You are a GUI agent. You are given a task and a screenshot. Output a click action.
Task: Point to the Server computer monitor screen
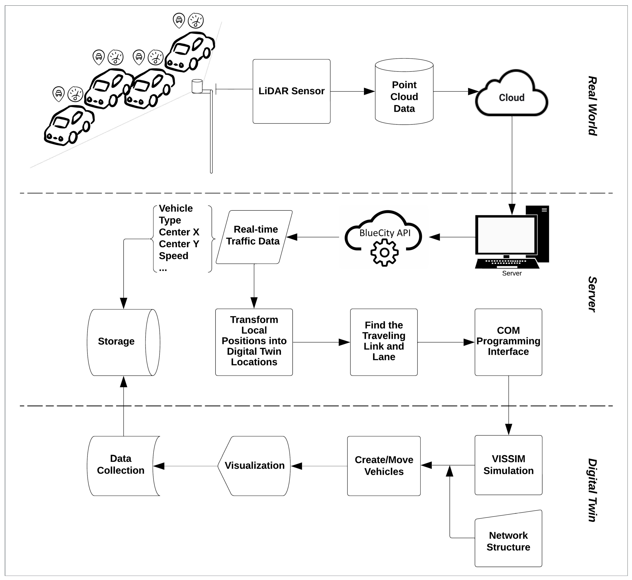(x=506, y=235)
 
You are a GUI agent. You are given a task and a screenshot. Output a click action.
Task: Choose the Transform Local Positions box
(x=254, y=342)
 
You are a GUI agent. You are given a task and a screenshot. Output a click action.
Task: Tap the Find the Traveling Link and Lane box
(x=384, y=342)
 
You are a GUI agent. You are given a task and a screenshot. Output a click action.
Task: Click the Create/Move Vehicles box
(x=384, y=466)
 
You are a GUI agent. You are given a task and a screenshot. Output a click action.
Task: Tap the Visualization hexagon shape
(x=254, y=466)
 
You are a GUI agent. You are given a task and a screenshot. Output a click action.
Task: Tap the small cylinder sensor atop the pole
(x=197, y=86)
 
